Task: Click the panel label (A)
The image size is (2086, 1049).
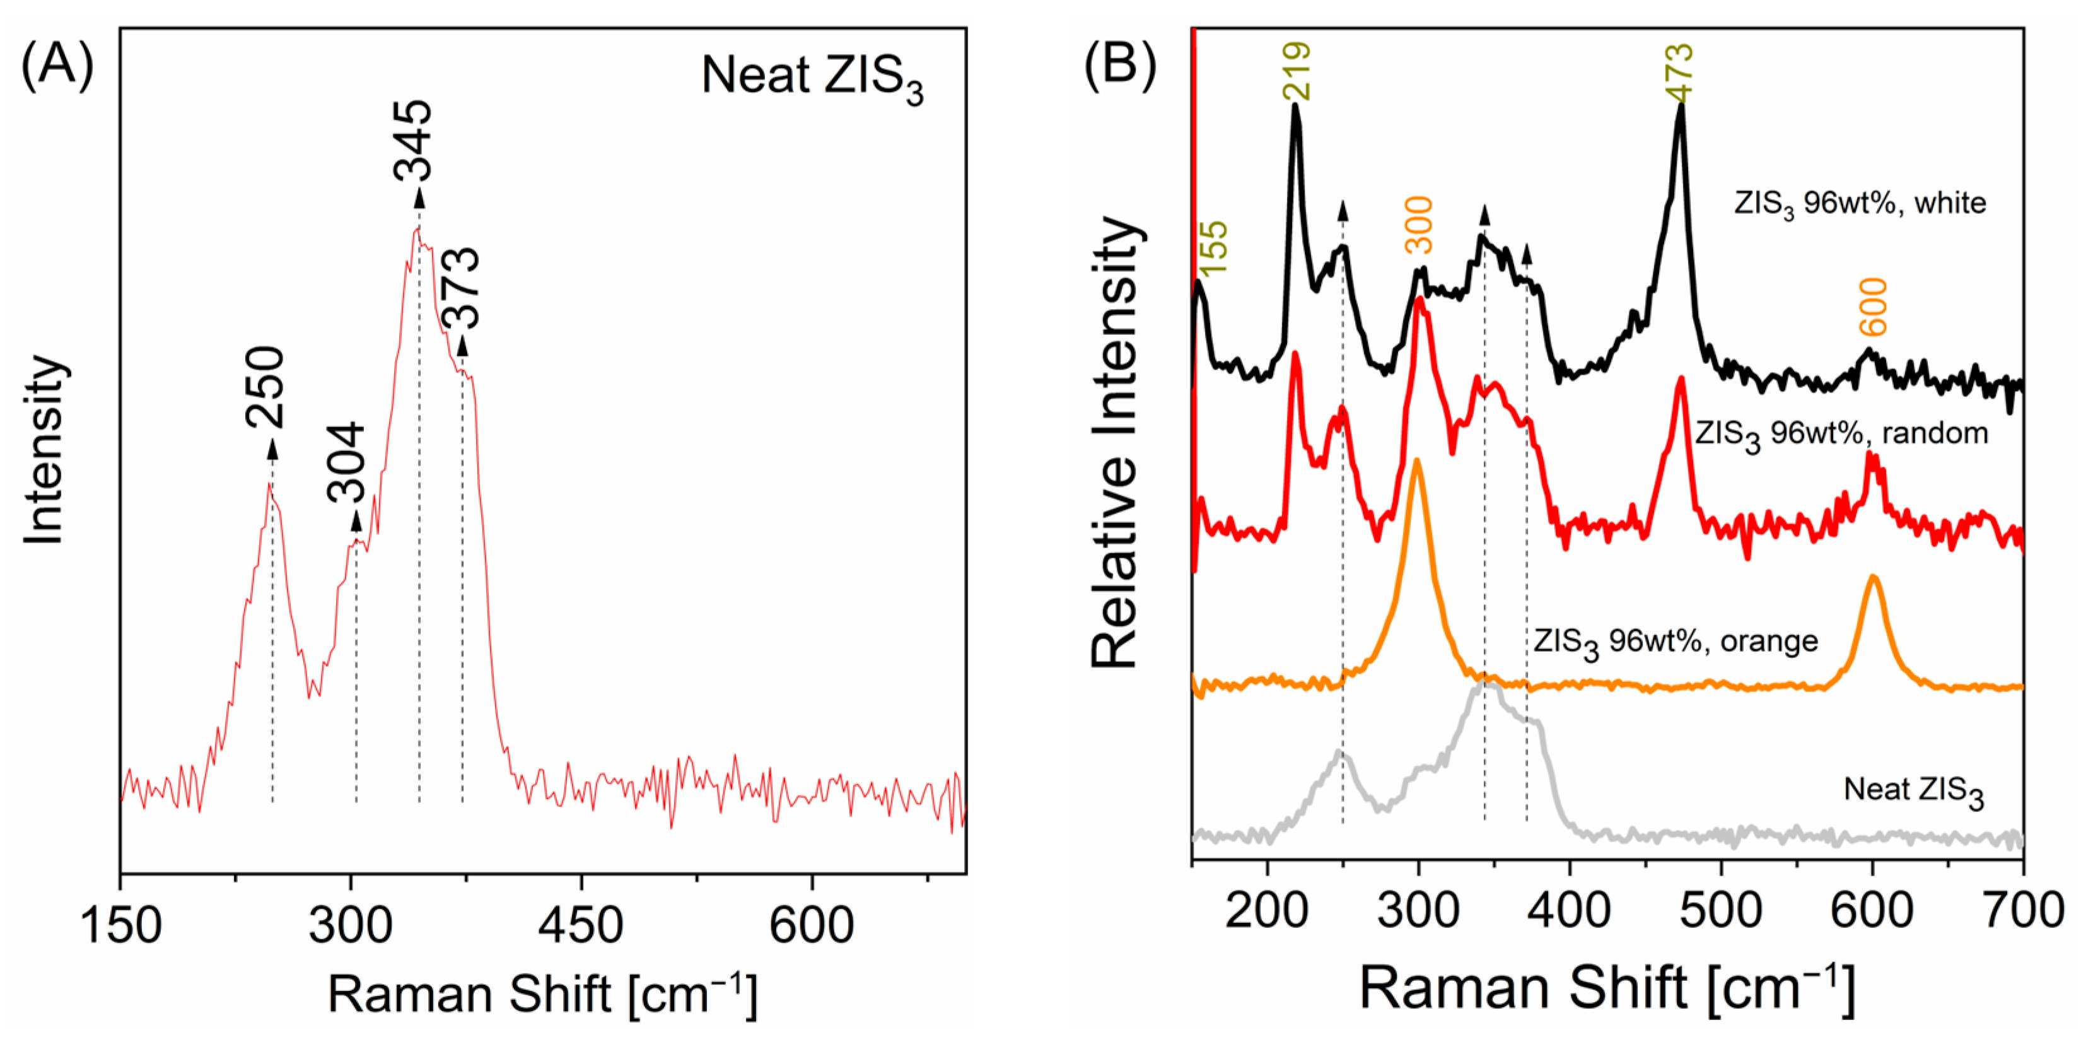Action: [57, 66]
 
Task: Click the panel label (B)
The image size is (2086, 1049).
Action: [1120, 64]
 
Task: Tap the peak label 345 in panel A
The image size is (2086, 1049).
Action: [413, 139]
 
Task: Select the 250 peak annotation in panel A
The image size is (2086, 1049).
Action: [265, 387]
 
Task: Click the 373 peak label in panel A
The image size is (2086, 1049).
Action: [462, 288]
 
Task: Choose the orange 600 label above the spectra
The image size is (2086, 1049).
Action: [1873, 306]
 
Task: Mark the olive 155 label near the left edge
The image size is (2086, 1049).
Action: [1214, 248]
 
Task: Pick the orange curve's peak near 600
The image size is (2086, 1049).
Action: [1872, 577]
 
